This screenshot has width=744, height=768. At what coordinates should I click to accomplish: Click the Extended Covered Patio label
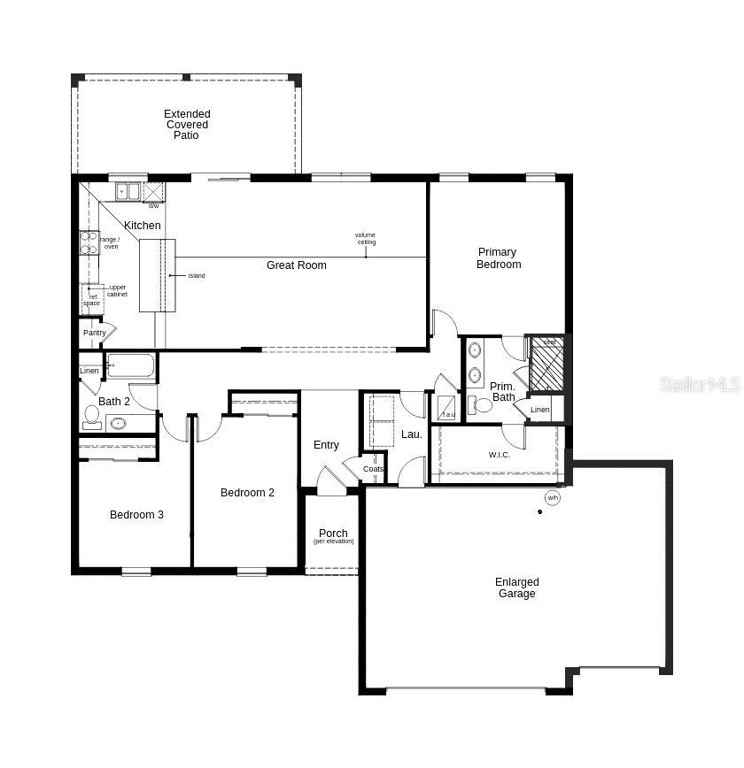[x=187, y=125]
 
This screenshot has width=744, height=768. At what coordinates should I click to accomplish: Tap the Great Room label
[x=296, y=265]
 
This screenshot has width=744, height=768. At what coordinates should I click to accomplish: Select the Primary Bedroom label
[x=499, y=258]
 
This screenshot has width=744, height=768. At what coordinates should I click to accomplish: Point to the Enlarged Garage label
[x=516, y=588]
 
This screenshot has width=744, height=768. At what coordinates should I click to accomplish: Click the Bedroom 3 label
[x=136, y=515]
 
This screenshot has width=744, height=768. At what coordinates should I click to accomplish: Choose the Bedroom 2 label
[x=247, y=493]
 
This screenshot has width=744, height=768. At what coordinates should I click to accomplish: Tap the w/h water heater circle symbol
[x=553, y=498]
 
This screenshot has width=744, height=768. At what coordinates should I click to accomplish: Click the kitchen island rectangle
[x=157, y=275]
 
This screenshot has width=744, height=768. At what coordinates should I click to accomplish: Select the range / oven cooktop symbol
[x=89, y=242]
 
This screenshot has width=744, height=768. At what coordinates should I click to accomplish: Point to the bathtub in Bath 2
[x=130, y=366]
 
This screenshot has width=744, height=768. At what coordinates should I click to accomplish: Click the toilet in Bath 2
[x=92, y=416]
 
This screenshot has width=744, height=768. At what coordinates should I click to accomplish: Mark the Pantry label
[x=95, y=333]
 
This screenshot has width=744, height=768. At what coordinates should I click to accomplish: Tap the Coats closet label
[x=374, y=469]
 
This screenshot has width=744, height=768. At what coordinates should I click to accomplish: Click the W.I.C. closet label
[x=500, y=456]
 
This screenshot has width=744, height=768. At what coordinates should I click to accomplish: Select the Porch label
[x=333, y=534]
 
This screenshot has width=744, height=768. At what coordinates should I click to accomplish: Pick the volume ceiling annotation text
[x=366, y=239]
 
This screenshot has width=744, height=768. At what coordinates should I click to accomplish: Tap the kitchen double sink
[x=127, y=191]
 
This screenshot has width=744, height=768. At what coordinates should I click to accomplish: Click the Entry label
[x=326, y=445]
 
